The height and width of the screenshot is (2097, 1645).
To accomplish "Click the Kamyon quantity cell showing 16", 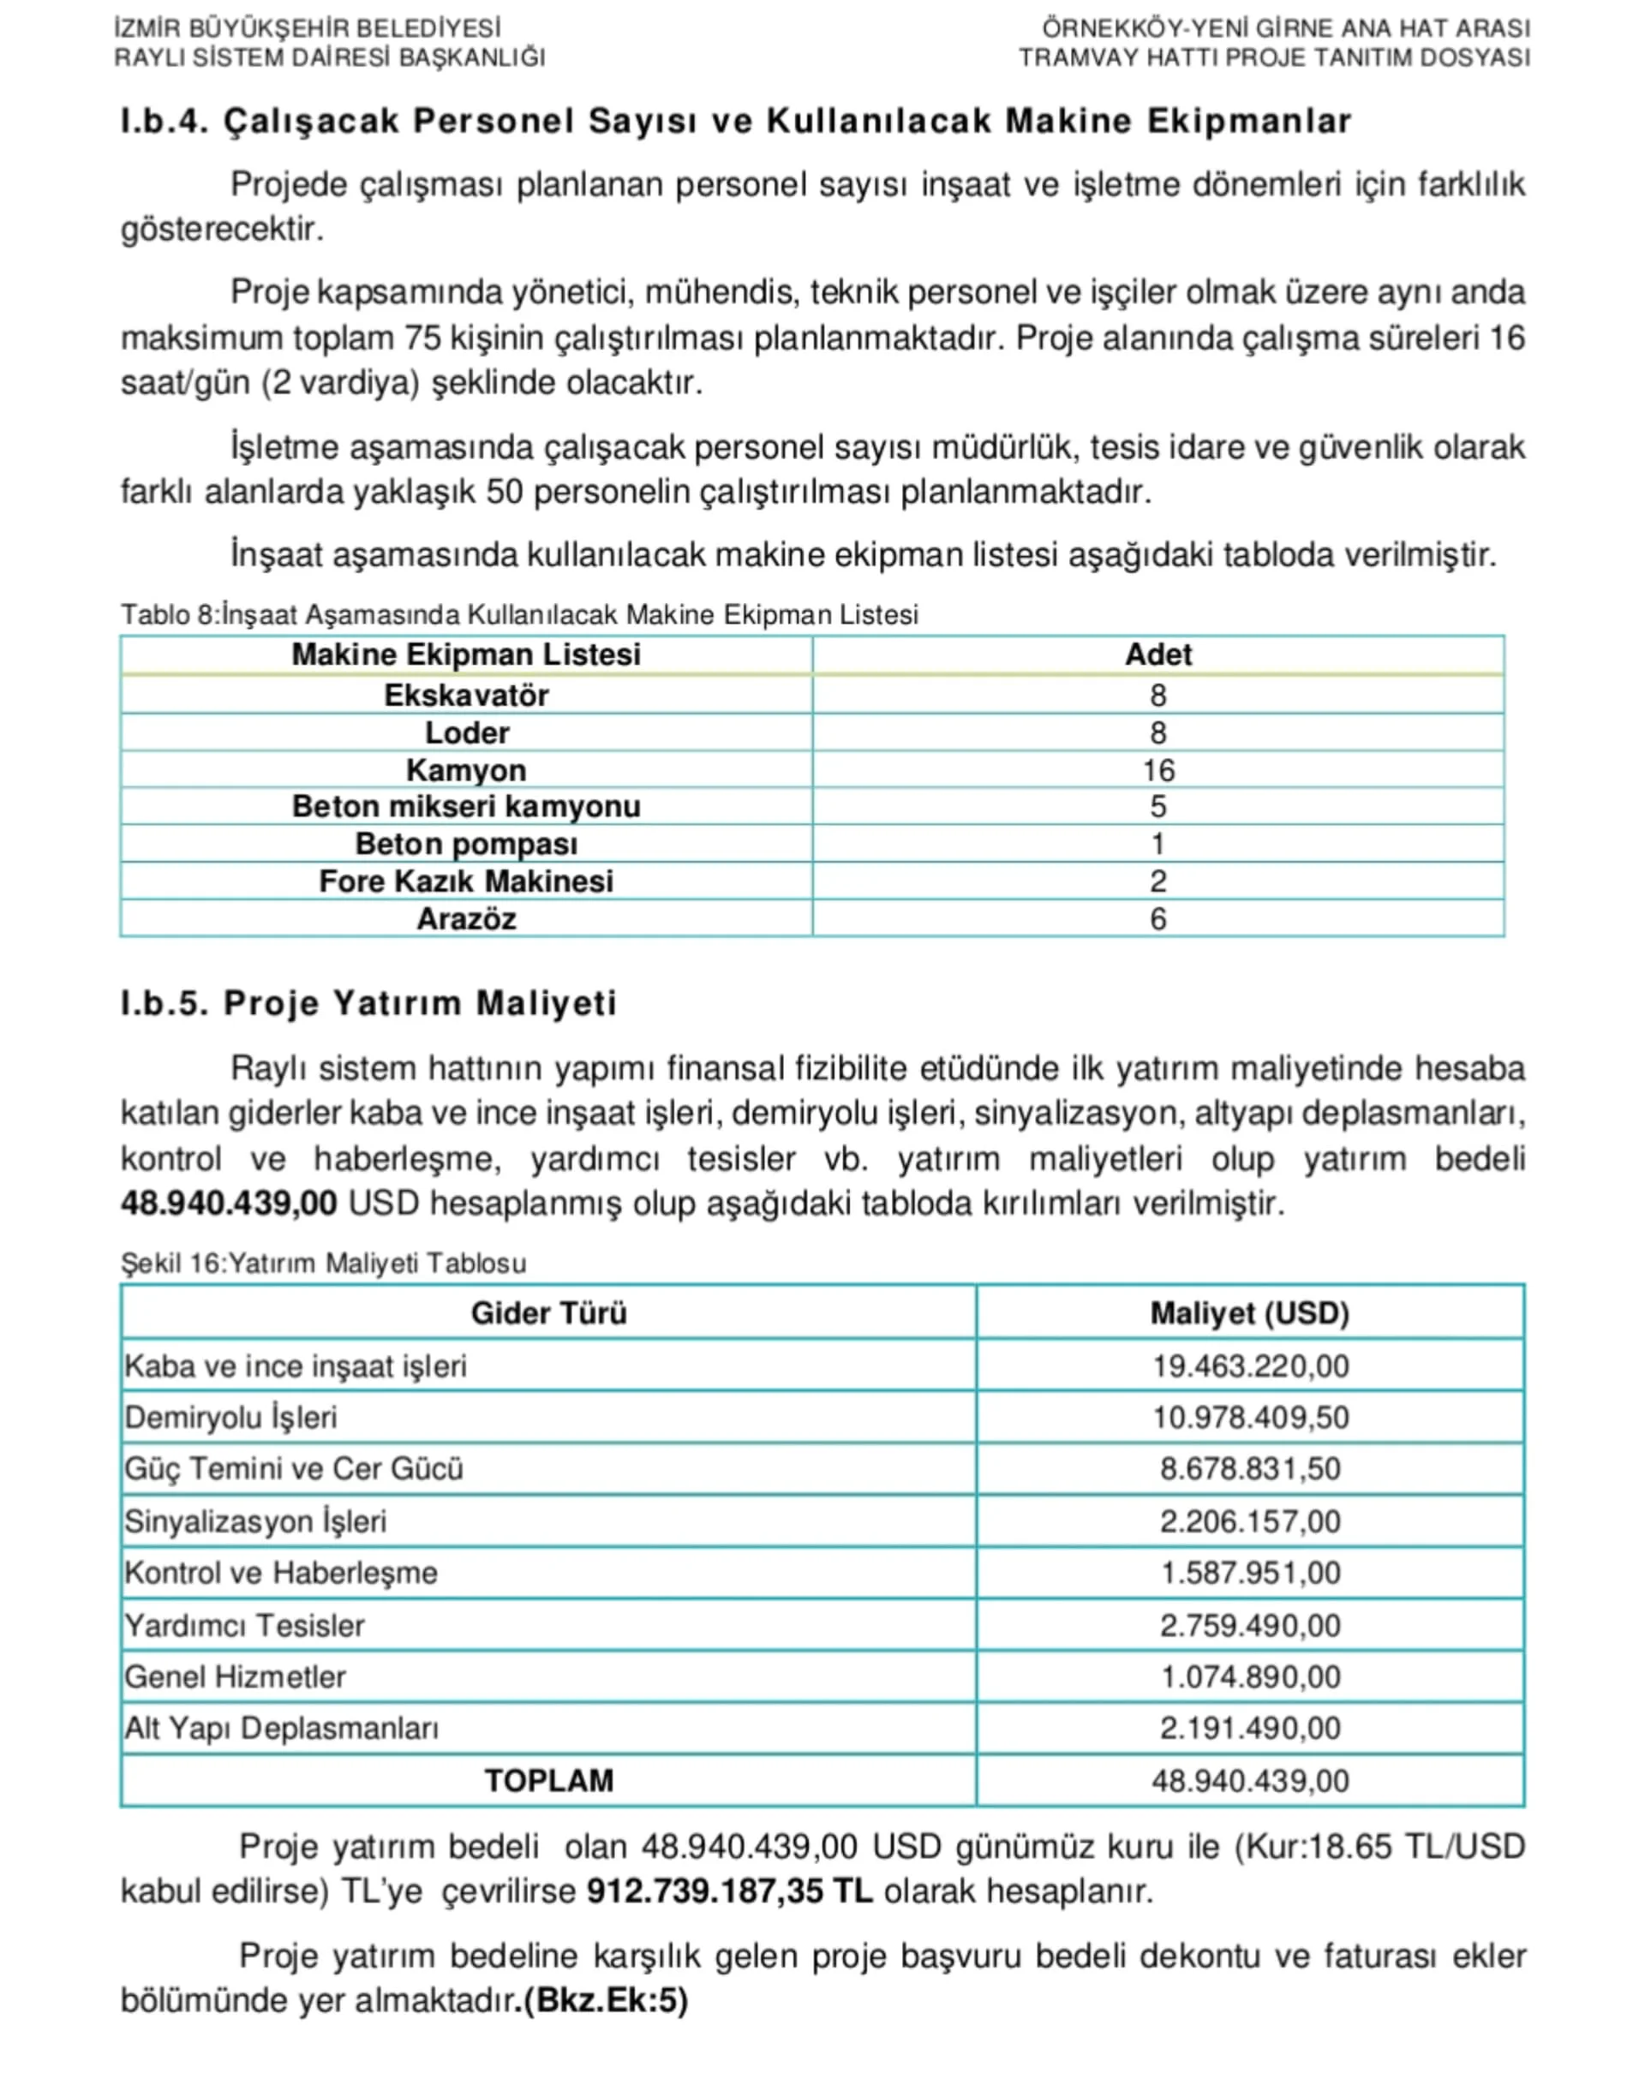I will click(1157, 770).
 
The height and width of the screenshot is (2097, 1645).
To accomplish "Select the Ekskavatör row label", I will click(466, 696).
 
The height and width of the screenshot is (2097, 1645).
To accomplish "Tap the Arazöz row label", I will click(466, 918).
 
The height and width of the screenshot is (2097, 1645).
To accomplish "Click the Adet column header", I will click(1157, 654).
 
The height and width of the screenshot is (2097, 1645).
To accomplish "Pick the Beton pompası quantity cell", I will click(1157, 845).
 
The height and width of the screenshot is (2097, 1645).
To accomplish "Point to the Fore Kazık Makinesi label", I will click(466, 881).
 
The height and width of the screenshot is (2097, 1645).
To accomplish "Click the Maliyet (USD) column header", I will click(1249, 1313).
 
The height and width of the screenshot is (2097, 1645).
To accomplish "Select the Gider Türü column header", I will click(548, 1313).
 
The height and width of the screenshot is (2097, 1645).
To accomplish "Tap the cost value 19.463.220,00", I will click(1250, 1366).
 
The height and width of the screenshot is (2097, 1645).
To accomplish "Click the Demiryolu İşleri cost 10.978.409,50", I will click(1250, 1417).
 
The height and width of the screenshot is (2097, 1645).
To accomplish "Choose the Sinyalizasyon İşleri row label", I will click(255, 1521).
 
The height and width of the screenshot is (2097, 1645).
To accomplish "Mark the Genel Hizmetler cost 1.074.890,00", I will click(1250, 1677).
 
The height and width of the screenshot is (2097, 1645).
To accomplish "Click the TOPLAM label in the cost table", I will click(548, 1780).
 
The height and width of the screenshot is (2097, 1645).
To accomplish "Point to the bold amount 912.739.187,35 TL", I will click(729, 1892).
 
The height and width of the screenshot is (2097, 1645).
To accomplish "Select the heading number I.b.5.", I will click(164, 1003).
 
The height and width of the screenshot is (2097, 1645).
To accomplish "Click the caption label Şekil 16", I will click(170, 1264).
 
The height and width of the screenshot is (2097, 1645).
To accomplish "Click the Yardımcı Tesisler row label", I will click(245, 1625).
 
